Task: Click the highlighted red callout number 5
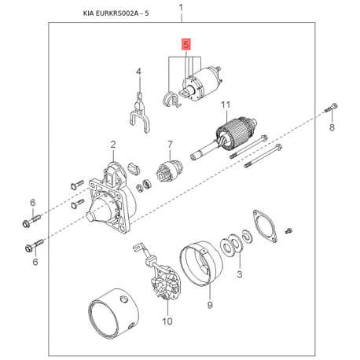pos(186,45)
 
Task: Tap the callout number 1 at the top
pos(181,7)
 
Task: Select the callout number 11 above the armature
pos(226,105)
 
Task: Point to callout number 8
pos(332,127)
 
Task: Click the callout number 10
pos(167,321)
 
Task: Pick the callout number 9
pos(210,305)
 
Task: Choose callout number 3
pos(240,274)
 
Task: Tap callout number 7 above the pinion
pos(170,145)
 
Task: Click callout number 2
pos(113,145)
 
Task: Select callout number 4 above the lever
pos(138,72)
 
